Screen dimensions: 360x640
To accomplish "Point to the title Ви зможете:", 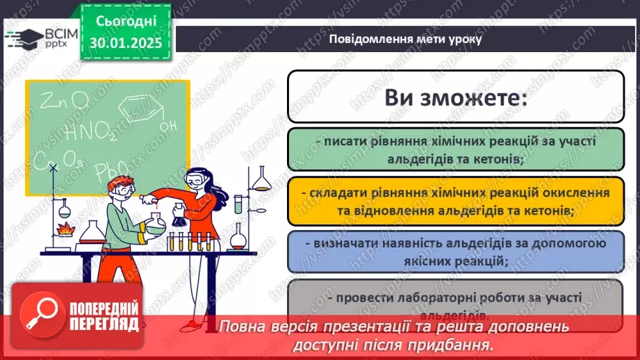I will (455, 97).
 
